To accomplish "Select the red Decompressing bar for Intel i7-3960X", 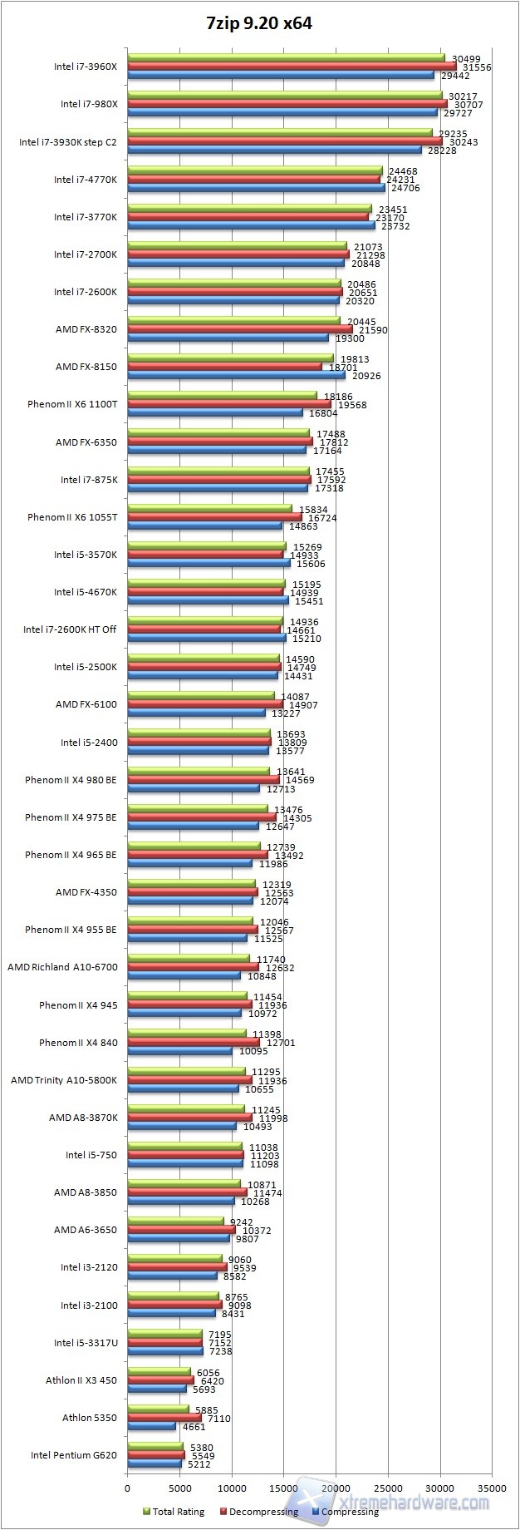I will pyautogui.click(x=292, y=67).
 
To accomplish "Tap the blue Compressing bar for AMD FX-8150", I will pyautogui.click(x=236, y=376).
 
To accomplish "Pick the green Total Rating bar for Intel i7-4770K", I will pyautogui.click(x=254, y=171).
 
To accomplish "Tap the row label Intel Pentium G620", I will pyautogui.click(x=74, y=1455).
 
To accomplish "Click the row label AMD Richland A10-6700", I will pyautogui.click(x=62, y=967).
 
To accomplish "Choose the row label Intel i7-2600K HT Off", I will pyautogui.click(x=70, y=629).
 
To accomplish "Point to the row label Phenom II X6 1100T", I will pyautogui.click(x=72, y=404).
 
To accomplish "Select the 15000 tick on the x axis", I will pyautogui.click(x=283, y=1488).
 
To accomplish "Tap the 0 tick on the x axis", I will pyautogui.click(x=128, y=1488).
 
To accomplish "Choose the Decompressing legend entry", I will pyautogui.click(x=258, y=1512).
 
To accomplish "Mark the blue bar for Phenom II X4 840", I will pyautogui.click(x=179, y=1051).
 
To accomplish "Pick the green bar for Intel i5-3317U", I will pyautogui.click(x=164, y=1334).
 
